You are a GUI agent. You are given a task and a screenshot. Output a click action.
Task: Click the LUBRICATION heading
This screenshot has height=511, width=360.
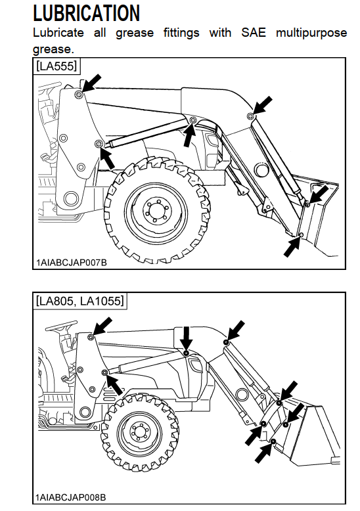(x=87, y=13)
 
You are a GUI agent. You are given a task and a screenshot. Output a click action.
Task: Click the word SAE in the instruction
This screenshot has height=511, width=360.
(x=254, y=33)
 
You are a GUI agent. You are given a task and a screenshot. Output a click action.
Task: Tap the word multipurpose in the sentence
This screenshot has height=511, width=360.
(x=311, y=33)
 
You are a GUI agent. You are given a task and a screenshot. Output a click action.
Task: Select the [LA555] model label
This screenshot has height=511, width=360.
(x=56, y=66)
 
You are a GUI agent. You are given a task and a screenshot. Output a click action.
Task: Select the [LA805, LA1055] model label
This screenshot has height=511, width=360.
(x=80, y=300)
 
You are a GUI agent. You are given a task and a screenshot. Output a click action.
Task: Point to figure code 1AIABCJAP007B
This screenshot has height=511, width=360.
(x=72, y=262)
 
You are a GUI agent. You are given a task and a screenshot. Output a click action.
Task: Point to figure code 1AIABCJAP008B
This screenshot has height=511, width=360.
(x=71, y=497)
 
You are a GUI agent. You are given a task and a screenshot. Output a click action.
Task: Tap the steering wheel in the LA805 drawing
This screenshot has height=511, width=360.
(x=61, y=324)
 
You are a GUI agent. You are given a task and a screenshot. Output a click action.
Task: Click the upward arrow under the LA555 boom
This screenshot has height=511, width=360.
(x=189, y=135)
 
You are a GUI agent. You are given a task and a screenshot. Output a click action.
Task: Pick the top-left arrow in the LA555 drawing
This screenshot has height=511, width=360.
(x=91, y=83)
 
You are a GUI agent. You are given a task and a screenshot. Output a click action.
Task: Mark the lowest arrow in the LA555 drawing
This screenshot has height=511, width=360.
(x=292, y=248)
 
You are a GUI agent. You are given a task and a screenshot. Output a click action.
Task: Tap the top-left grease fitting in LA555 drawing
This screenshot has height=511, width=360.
(x=78, y=95)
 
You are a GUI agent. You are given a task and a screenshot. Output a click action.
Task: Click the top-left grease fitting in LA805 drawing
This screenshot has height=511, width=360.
(x=91, y=338)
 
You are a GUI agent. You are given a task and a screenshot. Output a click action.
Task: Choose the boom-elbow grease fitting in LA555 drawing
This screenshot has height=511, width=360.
(x=250, y=116)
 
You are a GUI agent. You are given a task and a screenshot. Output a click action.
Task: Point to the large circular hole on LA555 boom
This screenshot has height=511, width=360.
(x=262, y=170)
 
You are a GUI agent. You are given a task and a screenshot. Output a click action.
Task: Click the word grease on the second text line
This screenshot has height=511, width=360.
(x=53, y=49)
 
